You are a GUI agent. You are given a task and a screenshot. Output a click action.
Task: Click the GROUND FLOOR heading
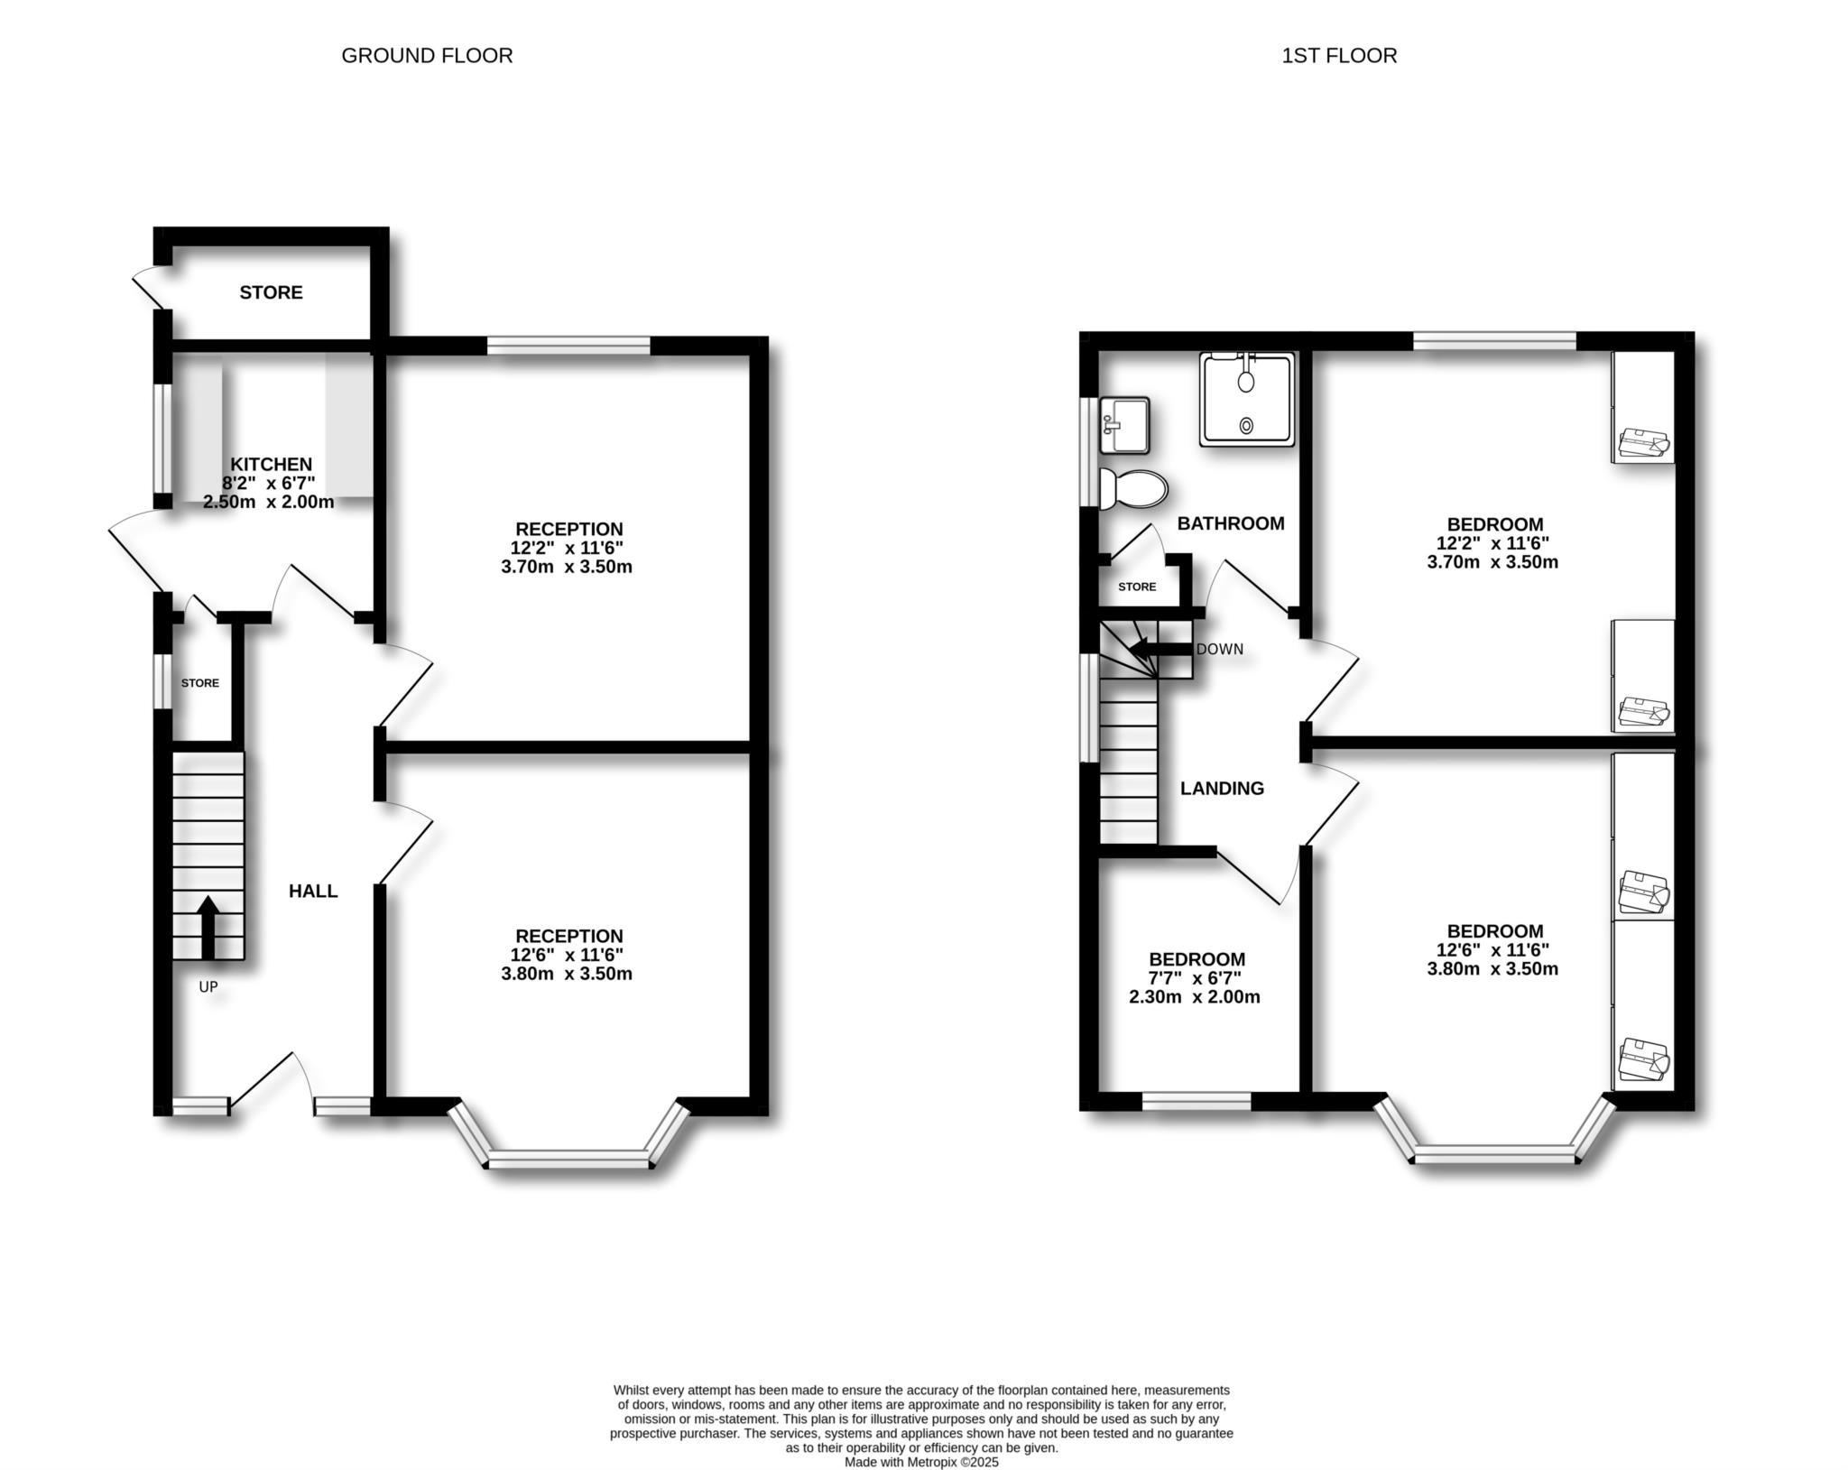click(x=427, y=56)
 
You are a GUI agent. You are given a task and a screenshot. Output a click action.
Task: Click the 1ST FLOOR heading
click(x=1339, y=56)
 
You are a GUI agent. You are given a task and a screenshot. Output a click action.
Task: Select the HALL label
click(x=313, y=892)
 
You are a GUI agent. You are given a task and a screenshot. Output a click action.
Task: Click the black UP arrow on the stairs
click(x=208, y=927)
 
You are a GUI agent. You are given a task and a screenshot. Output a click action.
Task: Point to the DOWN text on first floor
click(x=1220, y=650)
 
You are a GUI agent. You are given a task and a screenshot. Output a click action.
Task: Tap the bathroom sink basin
click(x=1124, y=425)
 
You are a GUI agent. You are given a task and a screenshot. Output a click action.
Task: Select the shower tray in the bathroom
click(x=1247, y=399)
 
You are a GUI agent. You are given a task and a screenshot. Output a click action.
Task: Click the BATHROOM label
click(x=1231, y=523)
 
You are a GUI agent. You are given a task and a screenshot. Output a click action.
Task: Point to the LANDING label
click(x=1223, y=789)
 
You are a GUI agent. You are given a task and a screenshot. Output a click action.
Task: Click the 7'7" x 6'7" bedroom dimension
click(x=1196, y=978)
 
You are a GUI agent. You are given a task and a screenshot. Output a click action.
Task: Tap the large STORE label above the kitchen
click(x=271, y=292)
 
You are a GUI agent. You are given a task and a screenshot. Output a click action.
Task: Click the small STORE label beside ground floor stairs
click(x=200, y=683)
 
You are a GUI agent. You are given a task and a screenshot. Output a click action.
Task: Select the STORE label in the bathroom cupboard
click(x=1137, y=587)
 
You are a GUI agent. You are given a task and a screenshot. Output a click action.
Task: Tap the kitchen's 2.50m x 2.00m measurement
click(x=269, y=503)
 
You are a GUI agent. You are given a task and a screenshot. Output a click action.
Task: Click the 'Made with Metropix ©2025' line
click(x=921, y=1462)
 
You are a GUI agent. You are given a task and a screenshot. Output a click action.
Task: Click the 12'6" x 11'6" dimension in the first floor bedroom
click(x=1492, y=950)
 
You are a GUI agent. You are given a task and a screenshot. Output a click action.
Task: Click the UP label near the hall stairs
click(x=208, y=987)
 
